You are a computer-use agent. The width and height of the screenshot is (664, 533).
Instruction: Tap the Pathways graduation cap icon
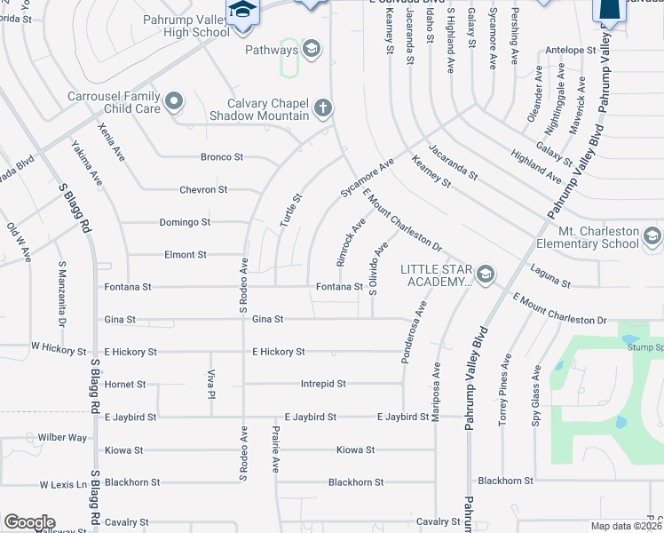(311, 49)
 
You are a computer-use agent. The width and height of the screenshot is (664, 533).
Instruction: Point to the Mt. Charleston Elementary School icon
(652, 236)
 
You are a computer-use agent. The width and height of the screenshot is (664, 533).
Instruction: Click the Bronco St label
(221, 157)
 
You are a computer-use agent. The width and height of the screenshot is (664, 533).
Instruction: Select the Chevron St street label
(203, 190)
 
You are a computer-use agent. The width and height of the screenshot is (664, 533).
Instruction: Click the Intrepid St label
(322, 384)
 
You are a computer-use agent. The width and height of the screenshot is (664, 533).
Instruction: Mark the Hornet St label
(124, 385)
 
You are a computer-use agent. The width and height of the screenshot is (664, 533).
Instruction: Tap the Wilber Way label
(62, 438)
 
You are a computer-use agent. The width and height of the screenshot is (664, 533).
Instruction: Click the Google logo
(29, 522)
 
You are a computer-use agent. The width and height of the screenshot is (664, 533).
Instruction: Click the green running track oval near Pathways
(289, 59)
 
